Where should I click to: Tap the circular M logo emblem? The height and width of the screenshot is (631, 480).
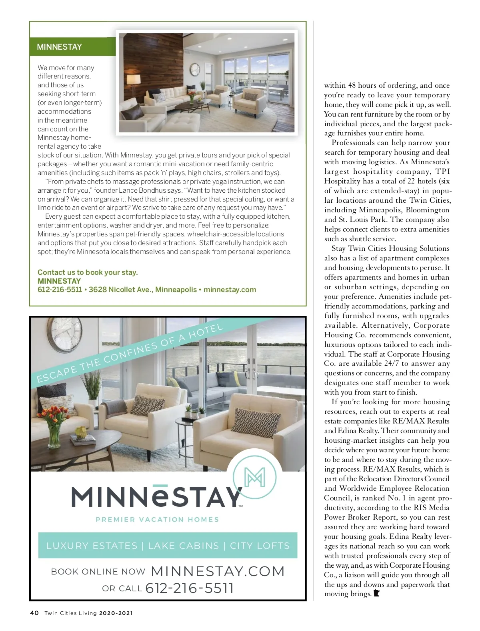[254, 477]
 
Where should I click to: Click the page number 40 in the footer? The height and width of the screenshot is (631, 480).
[34, 613]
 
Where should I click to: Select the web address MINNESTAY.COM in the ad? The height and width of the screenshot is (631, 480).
[218, 571]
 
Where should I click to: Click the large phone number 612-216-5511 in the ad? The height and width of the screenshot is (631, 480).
[190, 588]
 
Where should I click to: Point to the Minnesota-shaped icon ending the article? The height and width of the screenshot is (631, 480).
[376, 594]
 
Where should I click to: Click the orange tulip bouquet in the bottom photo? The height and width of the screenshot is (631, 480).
[54, 418]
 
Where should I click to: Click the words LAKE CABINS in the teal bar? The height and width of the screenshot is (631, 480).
[184, 546]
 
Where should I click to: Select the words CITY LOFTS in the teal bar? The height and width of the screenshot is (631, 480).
[260, 546]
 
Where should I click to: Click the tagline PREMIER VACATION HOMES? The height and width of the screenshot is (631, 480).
[157, 520]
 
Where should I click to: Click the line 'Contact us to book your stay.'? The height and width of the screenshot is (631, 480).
[88, 272]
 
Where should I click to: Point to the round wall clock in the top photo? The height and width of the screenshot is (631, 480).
[195, 69]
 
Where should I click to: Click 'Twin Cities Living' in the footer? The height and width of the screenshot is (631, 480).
[71, 613]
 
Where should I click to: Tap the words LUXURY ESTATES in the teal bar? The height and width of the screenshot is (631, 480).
[92, 546]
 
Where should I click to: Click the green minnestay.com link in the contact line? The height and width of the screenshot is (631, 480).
[230, 290]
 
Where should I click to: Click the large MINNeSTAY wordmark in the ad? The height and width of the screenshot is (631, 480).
[156, 497]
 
